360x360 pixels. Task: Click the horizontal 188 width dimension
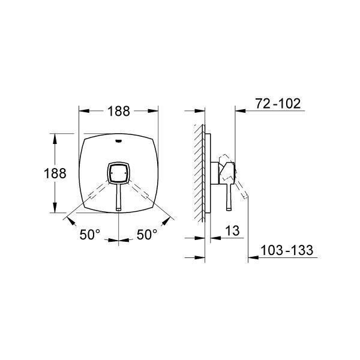click(119, 111)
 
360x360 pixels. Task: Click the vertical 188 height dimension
click(55, 173)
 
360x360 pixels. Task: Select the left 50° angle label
click(90, 235)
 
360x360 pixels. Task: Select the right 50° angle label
click(147, 235)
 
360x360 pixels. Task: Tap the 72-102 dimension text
click(278, 104)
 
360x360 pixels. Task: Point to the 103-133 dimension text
click(287, 250)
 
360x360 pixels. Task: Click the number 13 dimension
click(232, 230)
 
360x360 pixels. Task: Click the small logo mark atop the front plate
click(118, 141)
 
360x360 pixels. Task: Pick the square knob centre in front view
click(118, 173)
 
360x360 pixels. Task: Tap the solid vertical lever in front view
click(118, 197)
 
